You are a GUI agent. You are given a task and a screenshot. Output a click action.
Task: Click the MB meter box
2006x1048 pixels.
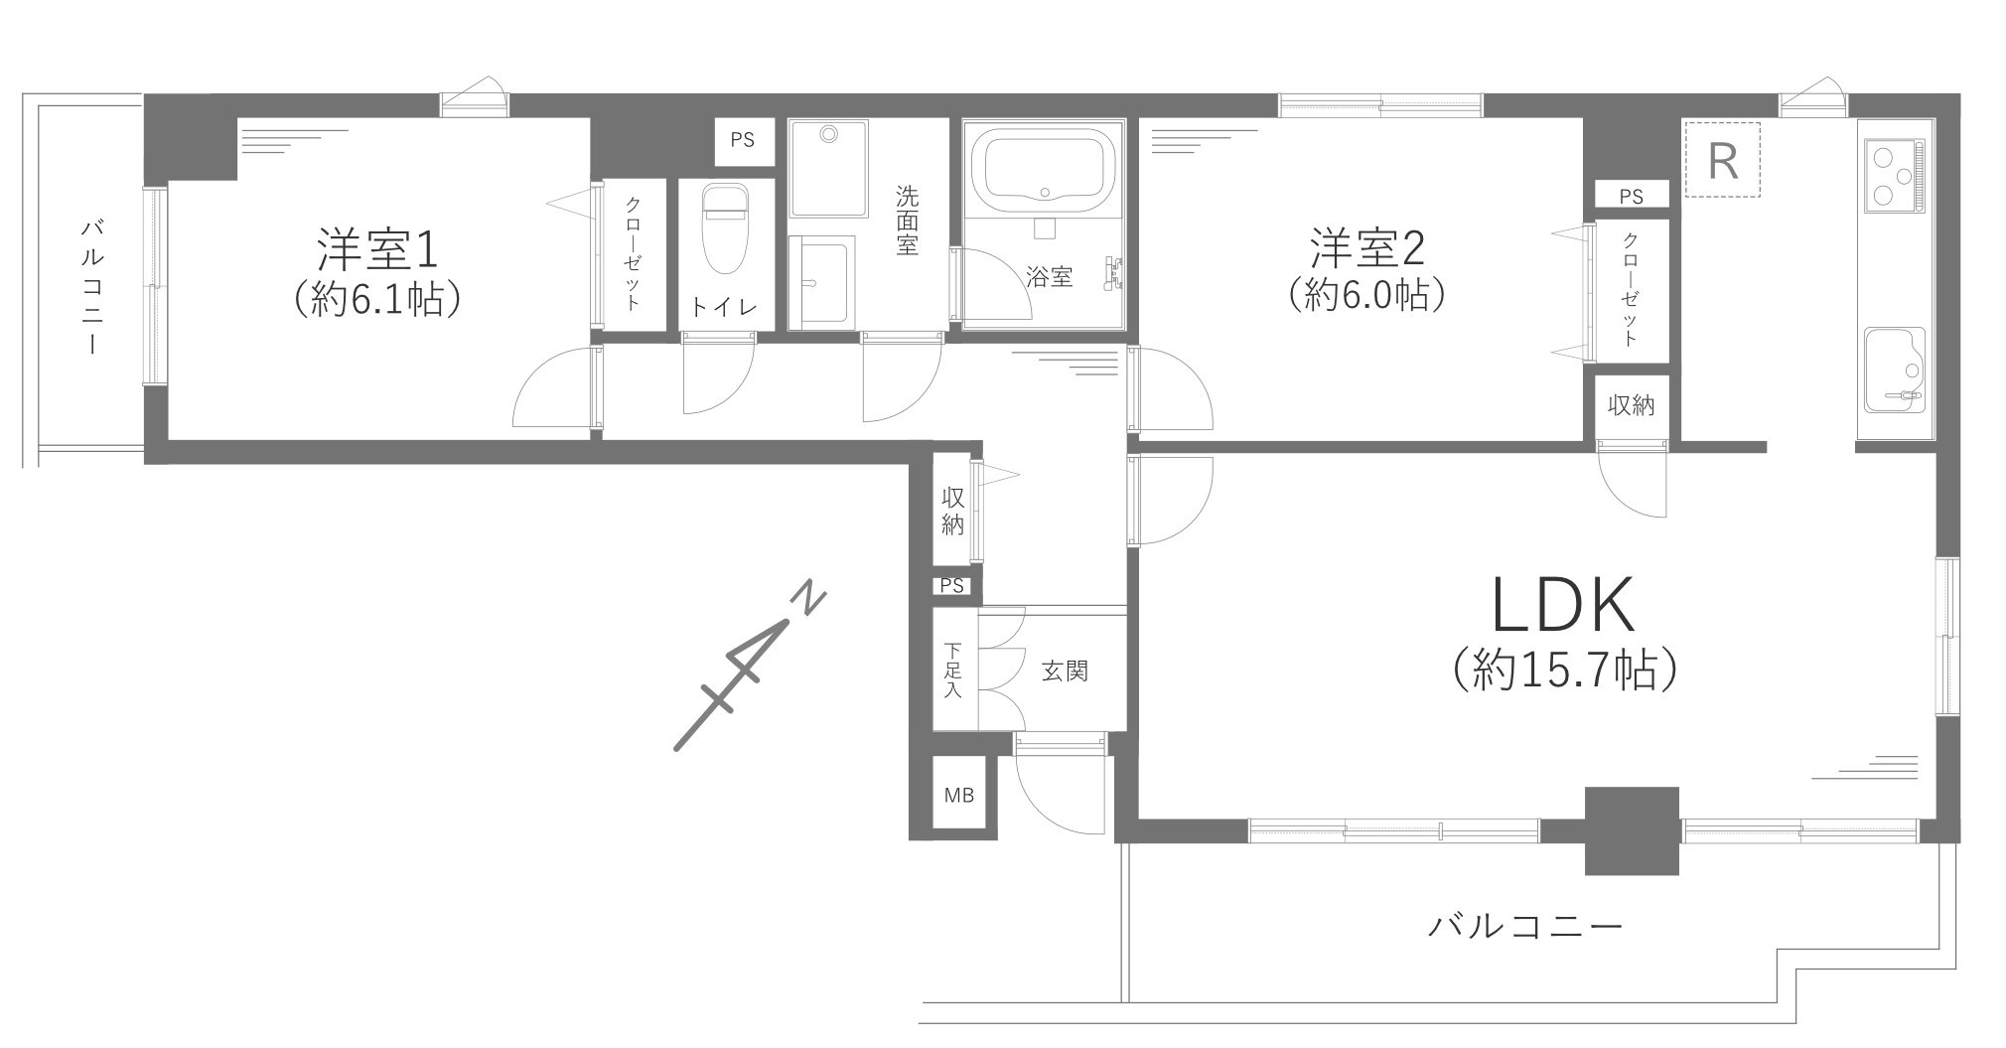958,795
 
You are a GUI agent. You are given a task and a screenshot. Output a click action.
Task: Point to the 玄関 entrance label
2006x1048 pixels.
1065,673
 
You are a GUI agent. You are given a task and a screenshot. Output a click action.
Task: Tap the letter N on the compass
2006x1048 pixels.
810,600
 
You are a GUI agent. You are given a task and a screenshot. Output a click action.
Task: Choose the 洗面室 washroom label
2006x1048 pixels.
906,221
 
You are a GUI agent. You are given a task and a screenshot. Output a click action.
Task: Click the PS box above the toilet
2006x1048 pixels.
742,140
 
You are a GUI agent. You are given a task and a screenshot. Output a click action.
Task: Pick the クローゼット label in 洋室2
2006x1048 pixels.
1630,290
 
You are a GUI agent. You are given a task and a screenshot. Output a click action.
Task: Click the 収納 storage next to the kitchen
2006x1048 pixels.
1631,405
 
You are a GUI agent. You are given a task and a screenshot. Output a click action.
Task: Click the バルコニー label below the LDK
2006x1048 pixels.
1525,928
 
